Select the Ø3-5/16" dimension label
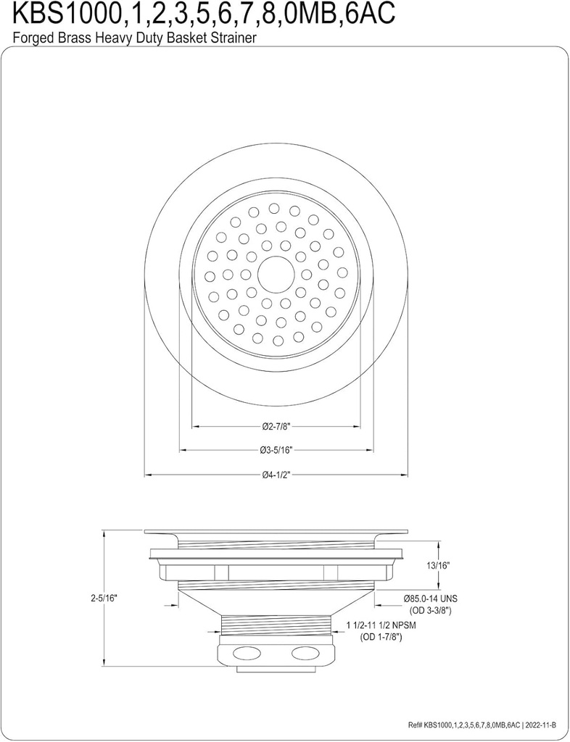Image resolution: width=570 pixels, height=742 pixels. pos(276,450)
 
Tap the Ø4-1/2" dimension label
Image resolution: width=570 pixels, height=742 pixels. pos(276,475)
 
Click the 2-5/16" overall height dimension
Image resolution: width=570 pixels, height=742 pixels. pos(104,599)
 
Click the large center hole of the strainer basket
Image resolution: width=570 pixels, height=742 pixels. pos(276,274)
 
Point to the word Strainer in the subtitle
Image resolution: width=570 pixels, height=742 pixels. pos(234,38)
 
